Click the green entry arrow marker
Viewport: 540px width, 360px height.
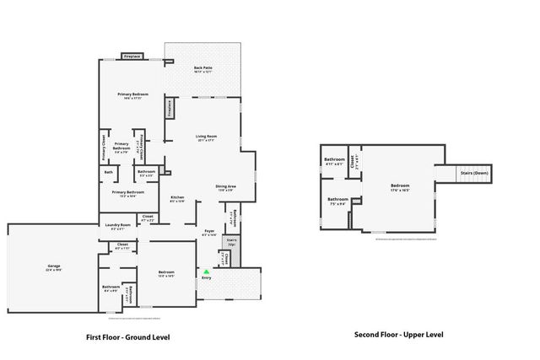point(206,271)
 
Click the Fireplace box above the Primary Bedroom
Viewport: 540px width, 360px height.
point(132,56)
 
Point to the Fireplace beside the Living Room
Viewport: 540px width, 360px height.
point(170,109)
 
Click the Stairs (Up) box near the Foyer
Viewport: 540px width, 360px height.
point(230,243)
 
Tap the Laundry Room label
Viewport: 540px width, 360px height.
point(117,225)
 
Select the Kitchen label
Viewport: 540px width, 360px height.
point(177,198)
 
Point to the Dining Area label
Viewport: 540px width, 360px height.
point(225,187)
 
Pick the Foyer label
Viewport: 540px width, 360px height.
point(210,233)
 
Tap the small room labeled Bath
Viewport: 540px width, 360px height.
point(109,173)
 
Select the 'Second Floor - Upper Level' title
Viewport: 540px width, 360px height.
point(397,334)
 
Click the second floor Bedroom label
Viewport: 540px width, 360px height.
point(400,186)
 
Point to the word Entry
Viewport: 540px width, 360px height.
point(206,277)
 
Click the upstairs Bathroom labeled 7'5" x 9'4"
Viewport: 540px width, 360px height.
point(337,201)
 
